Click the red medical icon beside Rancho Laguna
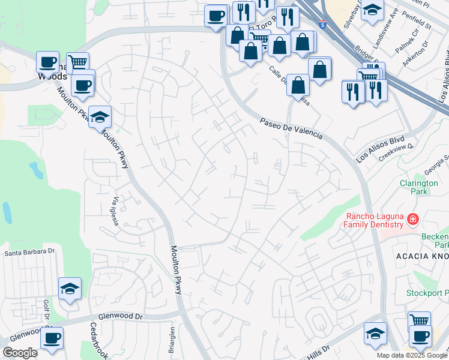coord(412,220)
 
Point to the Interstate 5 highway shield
coord(322,25)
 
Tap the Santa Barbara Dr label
coord(30,253)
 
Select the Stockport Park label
coord(427,293)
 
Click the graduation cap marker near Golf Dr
coord(70,289)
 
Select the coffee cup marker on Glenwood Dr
coord(52,338)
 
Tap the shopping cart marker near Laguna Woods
coord(77,62)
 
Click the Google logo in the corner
coord(20,353)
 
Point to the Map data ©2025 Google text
coord(411,355)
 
